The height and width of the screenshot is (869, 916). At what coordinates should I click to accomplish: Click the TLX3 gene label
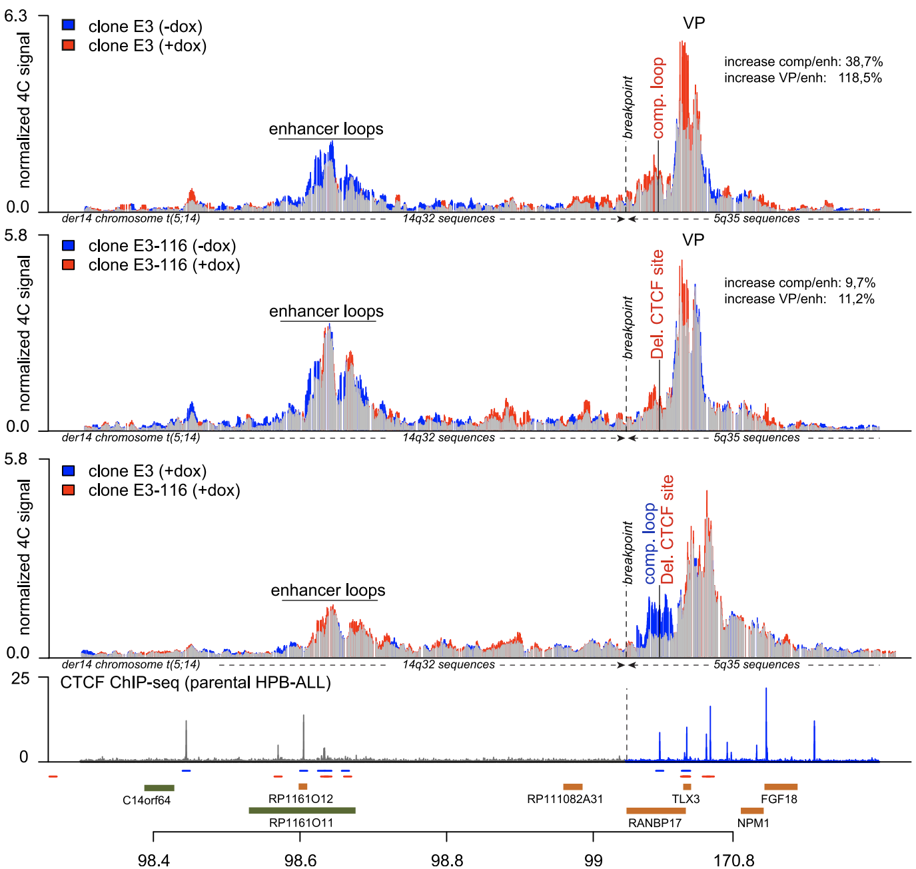click(686, 799)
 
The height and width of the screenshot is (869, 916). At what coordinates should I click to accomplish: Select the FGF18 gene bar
click(781, 787)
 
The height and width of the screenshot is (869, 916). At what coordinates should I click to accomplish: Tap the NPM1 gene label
click(753, 823)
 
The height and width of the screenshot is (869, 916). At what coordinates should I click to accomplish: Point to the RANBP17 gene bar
click(656, 811)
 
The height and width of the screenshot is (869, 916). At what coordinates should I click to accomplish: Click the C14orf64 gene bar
click(159, 788)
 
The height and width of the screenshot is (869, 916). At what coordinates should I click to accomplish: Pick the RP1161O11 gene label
click(300, 823)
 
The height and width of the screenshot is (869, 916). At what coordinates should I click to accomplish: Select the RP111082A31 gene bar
click(572, 787)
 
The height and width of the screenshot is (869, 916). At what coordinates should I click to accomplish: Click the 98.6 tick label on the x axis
click(300, 860)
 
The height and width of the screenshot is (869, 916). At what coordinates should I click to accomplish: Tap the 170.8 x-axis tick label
click(733, 860)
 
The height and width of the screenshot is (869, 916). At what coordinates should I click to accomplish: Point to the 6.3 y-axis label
click(15, 16)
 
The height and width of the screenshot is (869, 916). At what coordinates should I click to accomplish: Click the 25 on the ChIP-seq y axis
click(21, 678)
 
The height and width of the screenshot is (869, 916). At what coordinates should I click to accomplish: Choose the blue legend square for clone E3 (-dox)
click(68, 25)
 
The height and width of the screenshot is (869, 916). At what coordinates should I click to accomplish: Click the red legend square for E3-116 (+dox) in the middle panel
click(68, 265)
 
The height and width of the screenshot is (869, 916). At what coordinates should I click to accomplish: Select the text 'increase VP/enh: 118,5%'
click(803, 78)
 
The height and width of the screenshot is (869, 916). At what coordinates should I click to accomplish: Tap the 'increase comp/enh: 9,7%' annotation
click(799, 283)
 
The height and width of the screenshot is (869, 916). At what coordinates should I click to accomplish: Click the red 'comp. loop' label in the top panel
click(658, 98)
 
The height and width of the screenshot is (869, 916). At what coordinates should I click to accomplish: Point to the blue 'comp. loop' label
click(650, 544)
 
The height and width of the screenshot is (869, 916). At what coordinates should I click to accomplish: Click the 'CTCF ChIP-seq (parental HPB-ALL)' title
click(195, 682)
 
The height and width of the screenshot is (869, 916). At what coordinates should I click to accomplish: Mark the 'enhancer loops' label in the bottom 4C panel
click(328, 590)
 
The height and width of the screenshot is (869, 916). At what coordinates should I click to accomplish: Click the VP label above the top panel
click(693, 23)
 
